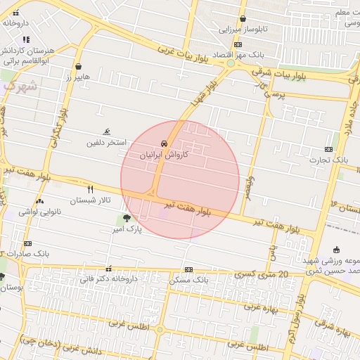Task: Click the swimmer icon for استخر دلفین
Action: (x=106, y=131)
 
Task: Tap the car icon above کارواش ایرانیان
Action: (x=164, y=143)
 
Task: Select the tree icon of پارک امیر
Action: (x=127, y=218)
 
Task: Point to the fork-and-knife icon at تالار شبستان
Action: (x=90, y=189)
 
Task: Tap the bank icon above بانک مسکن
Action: (x=188, y=269)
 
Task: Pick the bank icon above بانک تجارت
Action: (x=328, y=149)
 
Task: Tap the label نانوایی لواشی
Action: (x=40, y=211)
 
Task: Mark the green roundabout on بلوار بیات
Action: (x=231, y=64)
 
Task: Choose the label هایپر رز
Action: (x=73, y=77)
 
